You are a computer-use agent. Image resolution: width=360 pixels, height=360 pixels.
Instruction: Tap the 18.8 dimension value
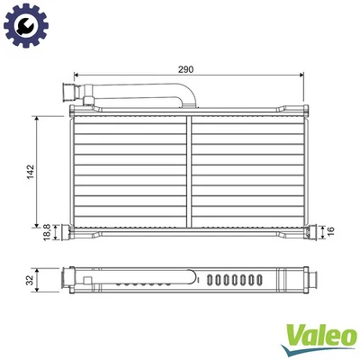48,233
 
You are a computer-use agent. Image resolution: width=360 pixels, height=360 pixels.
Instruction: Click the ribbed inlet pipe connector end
67,92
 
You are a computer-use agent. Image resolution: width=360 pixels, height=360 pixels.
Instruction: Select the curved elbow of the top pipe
185,93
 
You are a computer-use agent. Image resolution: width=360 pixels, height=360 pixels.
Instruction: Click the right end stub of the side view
309,280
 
